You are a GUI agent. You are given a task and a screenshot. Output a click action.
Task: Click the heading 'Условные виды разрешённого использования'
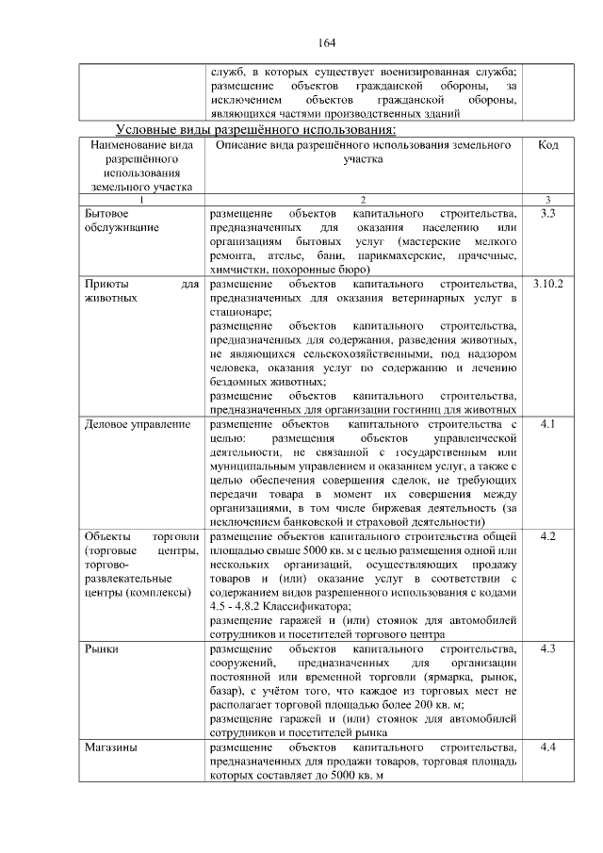255,129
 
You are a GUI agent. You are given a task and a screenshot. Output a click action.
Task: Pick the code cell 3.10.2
547,284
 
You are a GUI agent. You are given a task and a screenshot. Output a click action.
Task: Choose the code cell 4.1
547,425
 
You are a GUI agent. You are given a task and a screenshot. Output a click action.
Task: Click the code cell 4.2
547,536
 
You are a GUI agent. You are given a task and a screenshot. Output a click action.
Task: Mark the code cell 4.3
547,649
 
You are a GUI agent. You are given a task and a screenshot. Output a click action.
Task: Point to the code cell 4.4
547,747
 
